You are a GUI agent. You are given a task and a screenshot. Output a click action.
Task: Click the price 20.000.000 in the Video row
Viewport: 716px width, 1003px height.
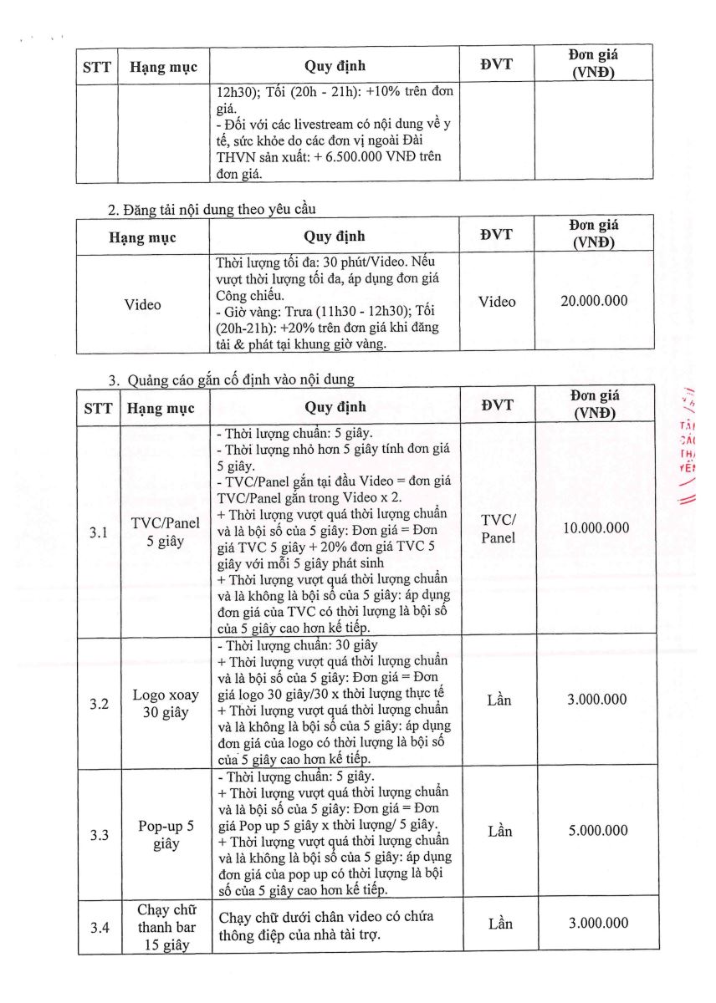[x=594, y=302]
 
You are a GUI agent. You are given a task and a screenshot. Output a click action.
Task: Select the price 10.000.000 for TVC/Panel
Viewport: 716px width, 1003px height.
[x=595, y=527]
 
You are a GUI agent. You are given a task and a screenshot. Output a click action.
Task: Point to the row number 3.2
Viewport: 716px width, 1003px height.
[x=100, y=704]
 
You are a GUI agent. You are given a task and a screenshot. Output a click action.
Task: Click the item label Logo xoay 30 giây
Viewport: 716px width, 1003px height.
[x=166, y=704]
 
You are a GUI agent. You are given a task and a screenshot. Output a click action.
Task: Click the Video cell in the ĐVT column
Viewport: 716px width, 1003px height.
[x=497, y=302]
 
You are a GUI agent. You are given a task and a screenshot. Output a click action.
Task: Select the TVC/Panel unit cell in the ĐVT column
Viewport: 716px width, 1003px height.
[x=498, y=528]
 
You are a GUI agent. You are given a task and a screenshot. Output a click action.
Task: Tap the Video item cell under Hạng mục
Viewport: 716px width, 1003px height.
[x=142, y=304]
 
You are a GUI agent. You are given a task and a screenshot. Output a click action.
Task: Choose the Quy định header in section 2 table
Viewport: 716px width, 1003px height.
[x=335, y=237]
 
